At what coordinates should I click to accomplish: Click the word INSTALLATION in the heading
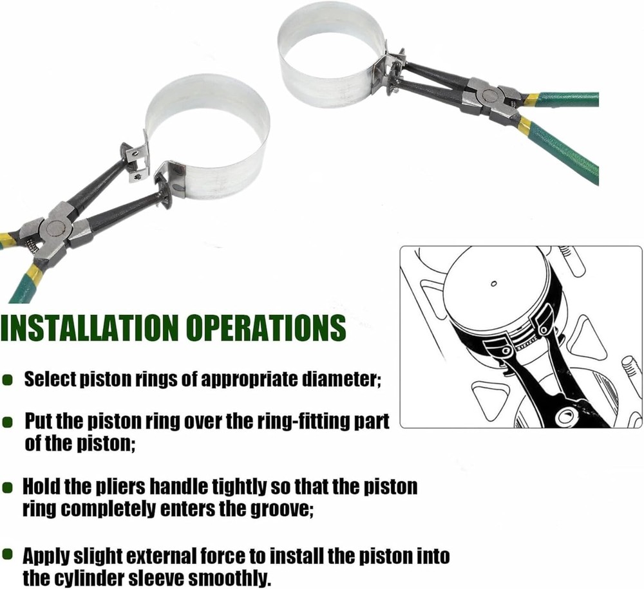(x=90, y=327)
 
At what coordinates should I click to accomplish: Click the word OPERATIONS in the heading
(x=266, y=327)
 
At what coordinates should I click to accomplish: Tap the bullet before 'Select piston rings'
(x=7, y=380)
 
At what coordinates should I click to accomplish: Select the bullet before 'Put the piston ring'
(x=7, y=422)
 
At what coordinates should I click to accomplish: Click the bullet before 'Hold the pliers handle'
(x=7, y=488)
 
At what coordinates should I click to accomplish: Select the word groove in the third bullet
(x=283, y=509)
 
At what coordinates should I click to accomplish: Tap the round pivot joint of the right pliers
(x=488, y=95)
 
